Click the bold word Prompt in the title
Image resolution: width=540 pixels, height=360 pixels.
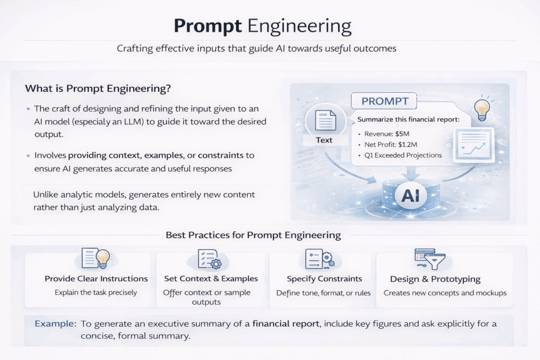pyautogui.click(x=208, y=26)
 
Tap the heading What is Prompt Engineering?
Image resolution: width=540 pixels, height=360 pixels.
pyautogui.click(x=98, y=89)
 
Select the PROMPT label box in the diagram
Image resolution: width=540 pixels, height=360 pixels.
pyautogui.click(x=384, y=101)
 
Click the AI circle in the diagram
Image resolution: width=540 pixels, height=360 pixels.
pyautogui.click(x=410, y=196)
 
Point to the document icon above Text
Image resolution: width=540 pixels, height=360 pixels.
pyautogui.click(x=325, y=120)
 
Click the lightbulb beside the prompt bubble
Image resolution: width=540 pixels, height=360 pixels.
pyautogui.click(x=482, y=109)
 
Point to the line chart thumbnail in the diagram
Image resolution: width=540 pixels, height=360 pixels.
pyautogui.click(x=474, y=145)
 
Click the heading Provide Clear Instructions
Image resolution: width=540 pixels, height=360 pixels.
pyautogui.click(x=96, y=278)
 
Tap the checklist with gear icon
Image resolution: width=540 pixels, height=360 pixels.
pyautogui.click(x=209, y=259)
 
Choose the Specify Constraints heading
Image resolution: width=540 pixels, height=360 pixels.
pyautogui.click(x=324, y=278)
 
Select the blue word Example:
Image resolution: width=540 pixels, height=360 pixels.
pyautogui.click(x=55, y=324)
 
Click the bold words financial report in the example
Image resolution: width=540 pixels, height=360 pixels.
pyautogui.click(x=285, y=324)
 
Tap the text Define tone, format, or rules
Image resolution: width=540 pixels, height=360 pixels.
pyautogui.click(x=323, y=293)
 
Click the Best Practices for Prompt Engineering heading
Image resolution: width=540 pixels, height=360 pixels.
pyautogui.click(x=253, y=235)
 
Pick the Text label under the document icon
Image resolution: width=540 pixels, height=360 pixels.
pyautogui.click(x=324, y=140)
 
